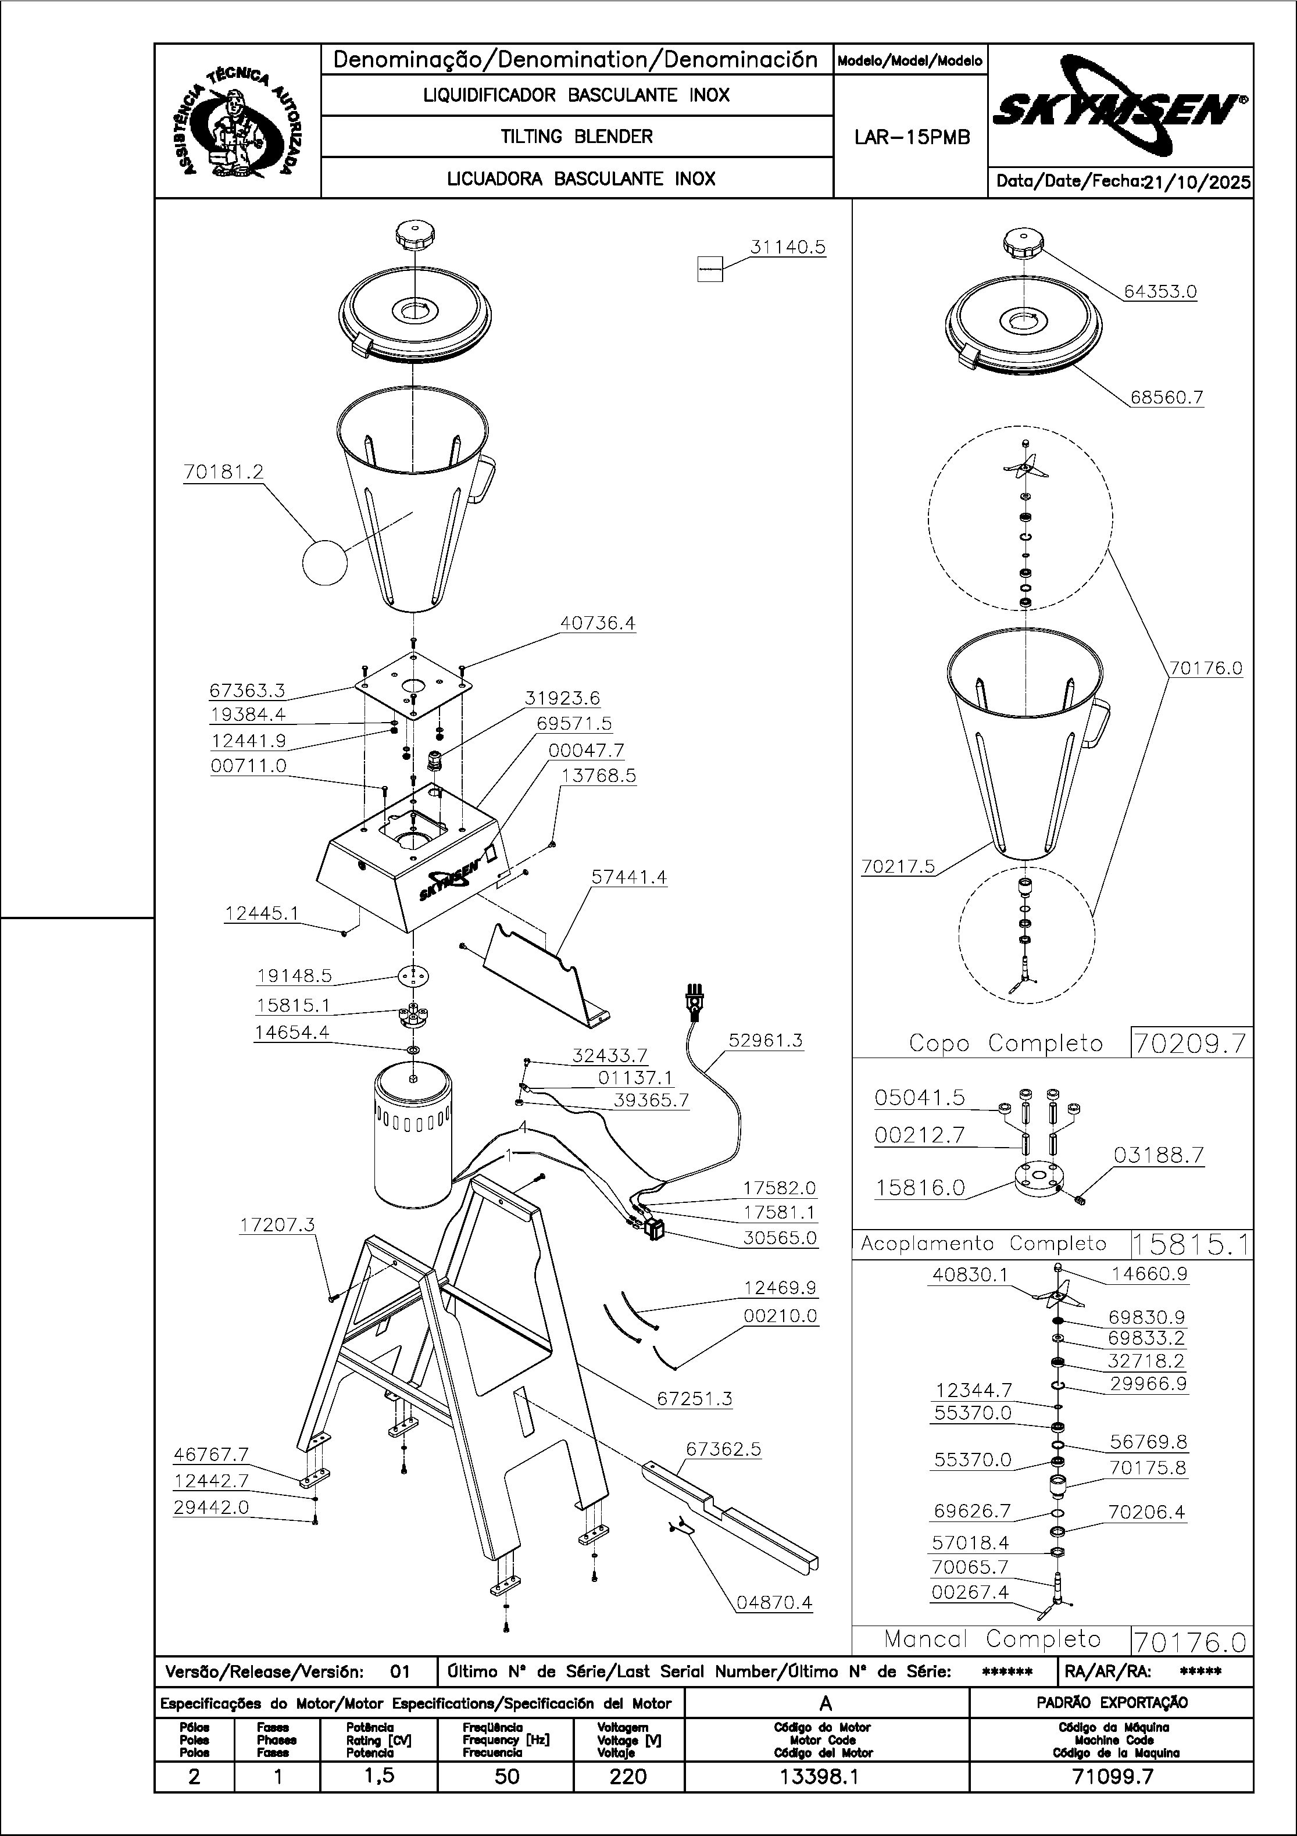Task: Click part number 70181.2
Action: coord(223,473)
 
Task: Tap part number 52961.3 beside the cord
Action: coord(765,1040)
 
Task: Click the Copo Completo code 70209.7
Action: coord(1191,1044)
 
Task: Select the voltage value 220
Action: coord(628,1777)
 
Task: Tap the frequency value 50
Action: coord(506,1777)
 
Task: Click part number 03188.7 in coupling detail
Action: coord(1158,1156)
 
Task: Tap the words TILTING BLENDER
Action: coord(577,137)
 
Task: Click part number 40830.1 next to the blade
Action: coord(970,1274)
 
